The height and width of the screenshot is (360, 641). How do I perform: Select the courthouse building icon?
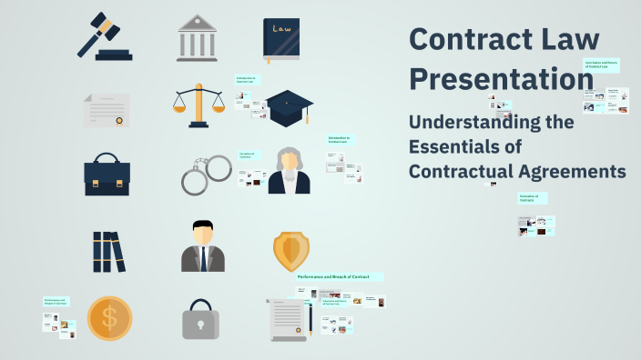(198, 37)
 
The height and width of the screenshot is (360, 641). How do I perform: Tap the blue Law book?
(280, 39)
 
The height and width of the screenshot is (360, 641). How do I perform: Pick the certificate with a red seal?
(107, 110)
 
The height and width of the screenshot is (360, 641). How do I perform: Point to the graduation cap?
(290, 107)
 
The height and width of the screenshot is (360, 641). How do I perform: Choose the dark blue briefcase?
(107, 174)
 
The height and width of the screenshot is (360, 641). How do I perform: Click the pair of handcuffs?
(206, 175)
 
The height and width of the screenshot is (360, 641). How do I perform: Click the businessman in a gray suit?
(202, 246)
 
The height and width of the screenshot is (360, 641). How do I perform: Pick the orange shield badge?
(291, 250)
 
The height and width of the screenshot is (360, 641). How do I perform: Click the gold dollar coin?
(110, 318)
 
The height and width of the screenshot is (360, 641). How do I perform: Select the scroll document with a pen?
(290, 319)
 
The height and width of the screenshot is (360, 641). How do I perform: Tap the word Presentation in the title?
(501, 79)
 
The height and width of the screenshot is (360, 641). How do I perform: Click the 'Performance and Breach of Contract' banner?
(339, 276)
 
